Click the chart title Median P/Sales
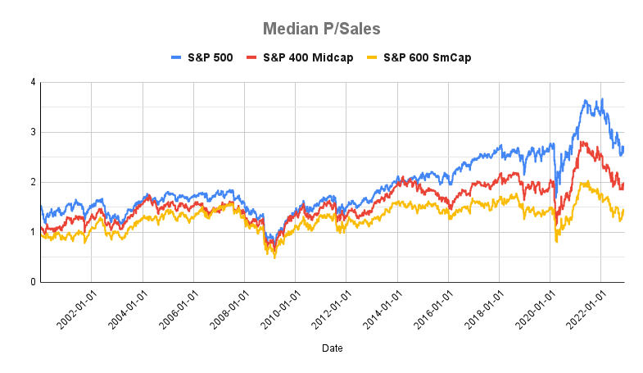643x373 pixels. pyautogui.click(x=321, y=29)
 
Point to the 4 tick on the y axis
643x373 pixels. pyautogui.click(x=32, y=82)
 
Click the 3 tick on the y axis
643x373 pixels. pyautogui.click(x=32, y=132)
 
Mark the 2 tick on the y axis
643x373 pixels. pyautogui.click(x=32, y=182)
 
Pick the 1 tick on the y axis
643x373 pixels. pyautogui.click(x=32, y=232)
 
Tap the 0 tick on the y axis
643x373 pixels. pyautogui.click(x=32, y=282)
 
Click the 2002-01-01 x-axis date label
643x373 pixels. pyautogui.click(x=75, y=310)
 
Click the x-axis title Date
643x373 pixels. pyautogui.click(x=332, y=348)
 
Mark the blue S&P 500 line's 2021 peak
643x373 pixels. pyautogui.click(x=602, y=99)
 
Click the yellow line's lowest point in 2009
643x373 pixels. pyautogui.click(x=274, y=258)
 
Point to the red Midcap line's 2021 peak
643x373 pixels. pyautogui.click(x=582, y=142)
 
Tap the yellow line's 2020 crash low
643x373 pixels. pyautogui.click(x=557, y=242)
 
